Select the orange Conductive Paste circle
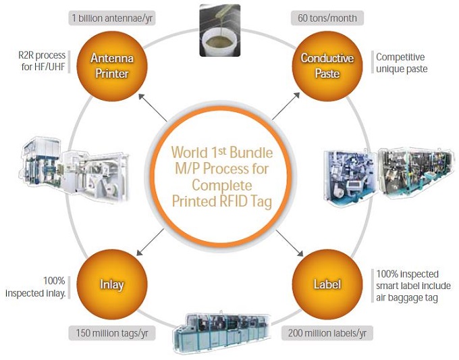coord(327,65)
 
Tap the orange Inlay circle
coord(111,284)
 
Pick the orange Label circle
coord(326,284)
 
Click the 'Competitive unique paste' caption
coord(401,63)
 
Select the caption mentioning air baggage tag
coord(407,286)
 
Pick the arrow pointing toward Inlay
coord(155,240)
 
